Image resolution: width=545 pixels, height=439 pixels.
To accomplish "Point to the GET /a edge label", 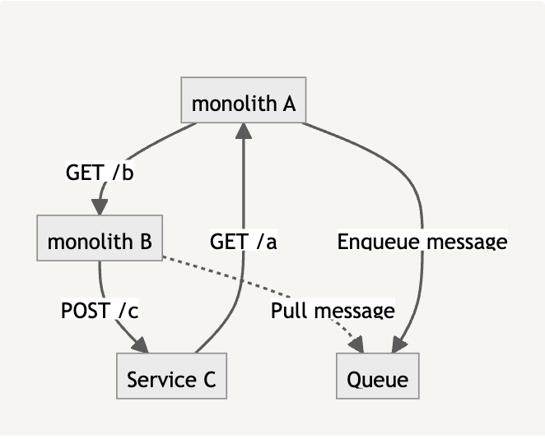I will click(244, 242).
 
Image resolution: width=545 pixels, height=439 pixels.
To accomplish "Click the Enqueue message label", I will click(422, 242).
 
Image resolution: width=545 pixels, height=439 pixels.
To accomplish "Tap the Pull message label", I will click(333, 311).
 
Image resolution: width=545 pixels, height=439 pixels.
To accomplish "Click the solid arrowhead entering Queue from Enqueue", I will click(403, 346).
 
